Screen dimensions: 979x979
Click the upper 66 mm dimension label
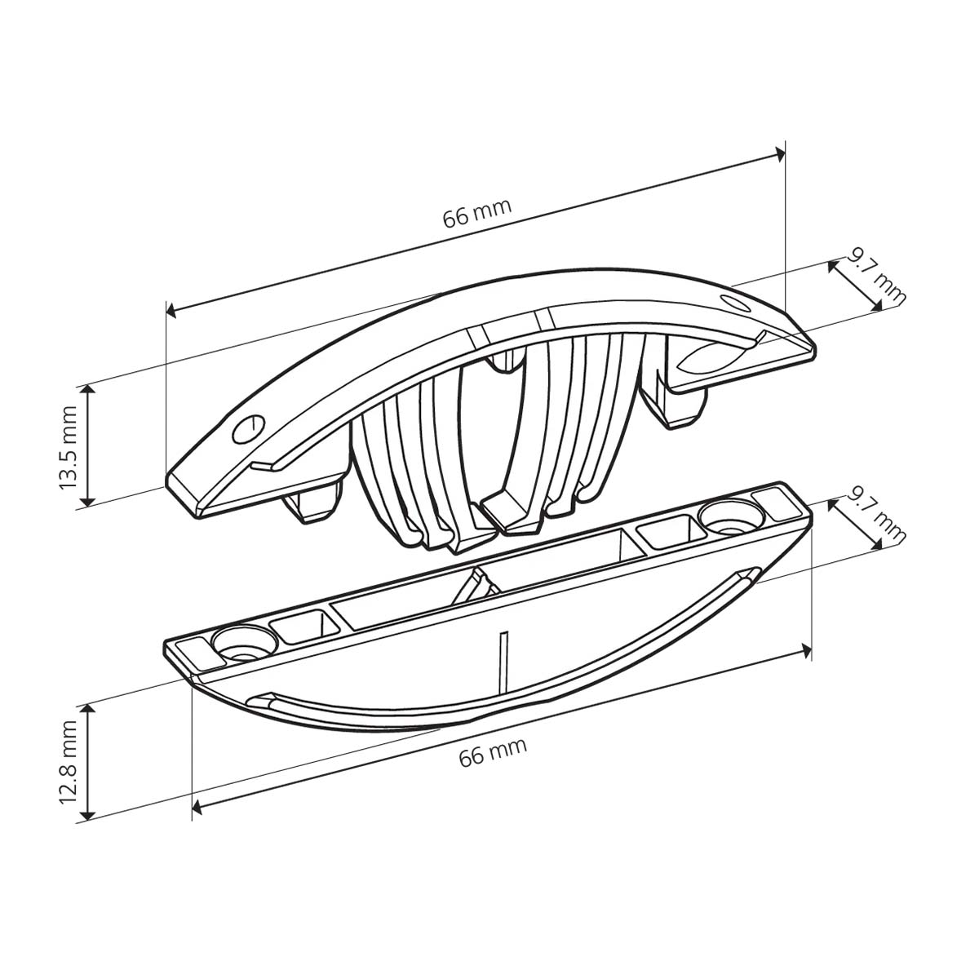tap(476, 214)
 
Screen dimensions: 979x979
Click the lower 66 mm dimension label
tap(492, 752)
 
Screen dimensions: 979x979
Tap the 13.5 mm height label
tap(68, 448)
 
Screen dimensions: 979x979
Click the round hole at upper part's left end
tap(249, 429)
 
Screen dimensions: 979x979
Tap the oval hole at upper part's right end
tap(734, 303)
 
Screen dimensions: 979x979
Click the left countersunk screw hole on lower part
tap(245, 643)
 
